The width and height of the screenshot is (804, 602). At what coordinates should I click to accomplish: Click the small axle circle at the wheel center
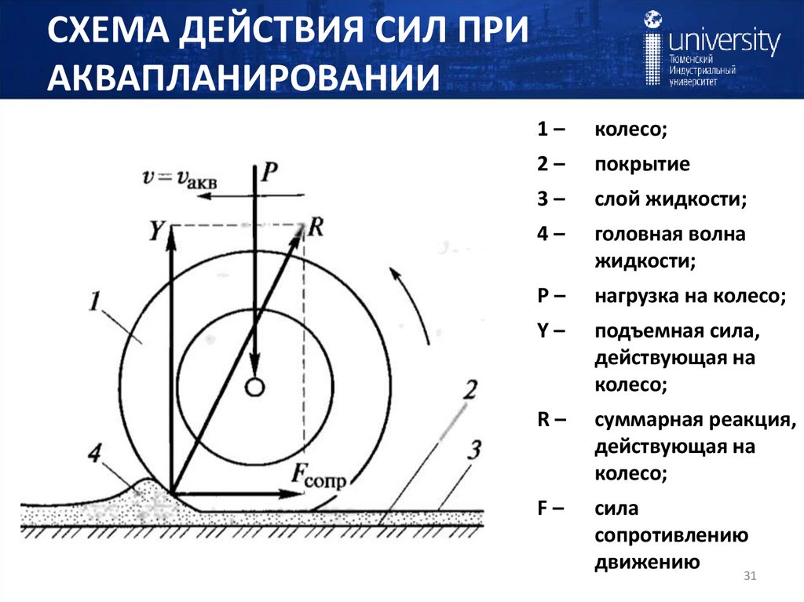tap(254, 387)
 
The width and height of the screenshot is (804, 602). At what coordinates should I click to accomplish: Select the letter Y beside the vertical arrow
tap(157, 231)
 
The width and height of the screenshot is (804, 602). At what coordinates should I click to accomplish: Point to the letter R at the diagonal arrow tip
tap(316, 227)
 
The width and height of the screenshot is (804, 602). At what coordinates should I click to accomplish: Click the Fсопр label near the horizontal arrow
tap(318, 475)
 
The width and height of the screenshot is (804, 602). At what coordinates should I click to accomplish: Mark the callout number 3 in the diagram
tap(473, 451)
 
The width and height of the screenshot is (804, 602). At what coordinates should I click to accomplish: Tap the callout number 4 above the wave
tap(95, 455)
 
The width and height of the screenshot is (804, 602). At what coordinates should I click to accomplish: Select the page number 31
tap(748, 578)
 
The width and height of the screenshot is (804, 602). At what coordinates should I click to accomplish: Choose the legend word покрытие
tap(641, 165)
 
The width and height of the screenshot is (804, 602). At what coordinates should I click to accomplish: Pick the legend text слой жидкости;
tap(670, 199)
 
